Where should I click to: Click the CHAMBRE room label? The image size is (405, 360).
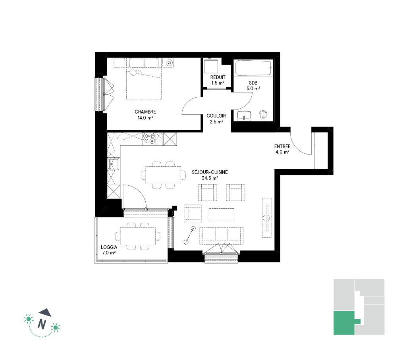(x=145, y=112)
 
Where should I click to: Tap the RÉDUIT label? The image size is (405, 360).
(x=218, y=77)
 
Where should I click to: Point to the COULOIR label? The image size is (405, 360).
(x=216, y=116)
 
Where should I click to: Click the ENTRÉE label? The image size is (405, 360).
(x=282, y=146)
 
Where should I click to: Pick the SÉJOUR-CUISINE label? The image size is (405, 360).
(x=210, y=172)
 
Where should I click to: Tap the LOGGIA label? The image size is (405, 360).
(x=109, y=247)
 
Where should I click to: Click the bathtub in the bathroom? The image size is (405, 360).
(x=253, y=68)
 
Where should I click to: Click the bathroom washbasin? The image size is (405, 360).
(x=244, y=116)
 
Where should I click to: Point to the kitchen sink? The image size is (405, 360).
(x=114, y=164)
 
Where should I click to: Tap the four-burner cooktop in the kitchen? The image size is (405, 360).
(x=149, y=138)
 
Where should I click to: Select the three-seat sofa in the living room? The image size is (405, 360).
(x=222, y=236)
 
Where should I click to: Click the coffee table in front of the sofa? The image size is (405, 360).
(x=221, y=214)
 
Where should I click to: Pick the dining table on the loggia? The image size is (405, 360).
(x=138, y=236)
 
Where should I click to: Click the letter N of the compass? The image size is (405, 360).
(x=42, y=324)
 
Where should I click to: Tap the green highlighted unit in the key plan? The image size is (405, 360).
(x=344, y=323)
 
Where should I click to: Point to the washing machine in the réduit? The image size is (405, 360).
(x=211, y=66)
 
